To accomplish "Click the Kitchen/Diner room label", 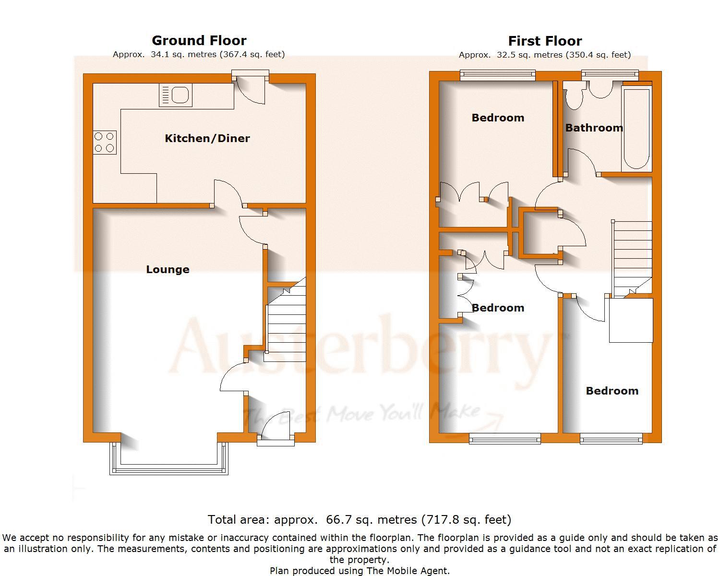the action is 207,138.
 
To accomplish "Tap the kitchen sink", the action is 176,95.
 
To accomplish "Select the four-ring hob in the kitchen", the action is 104,142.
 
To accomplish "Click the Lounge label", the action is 168,269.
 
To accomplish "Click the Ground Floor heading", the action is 199,40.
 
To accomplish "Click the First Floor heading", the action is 545,41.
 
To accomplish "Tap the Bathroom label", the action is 594,128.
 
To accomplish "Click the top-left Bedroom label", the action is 498,118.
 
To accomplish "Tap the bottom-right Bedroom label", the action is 612,391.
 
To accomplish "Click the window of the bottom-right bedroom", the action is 611,438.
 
